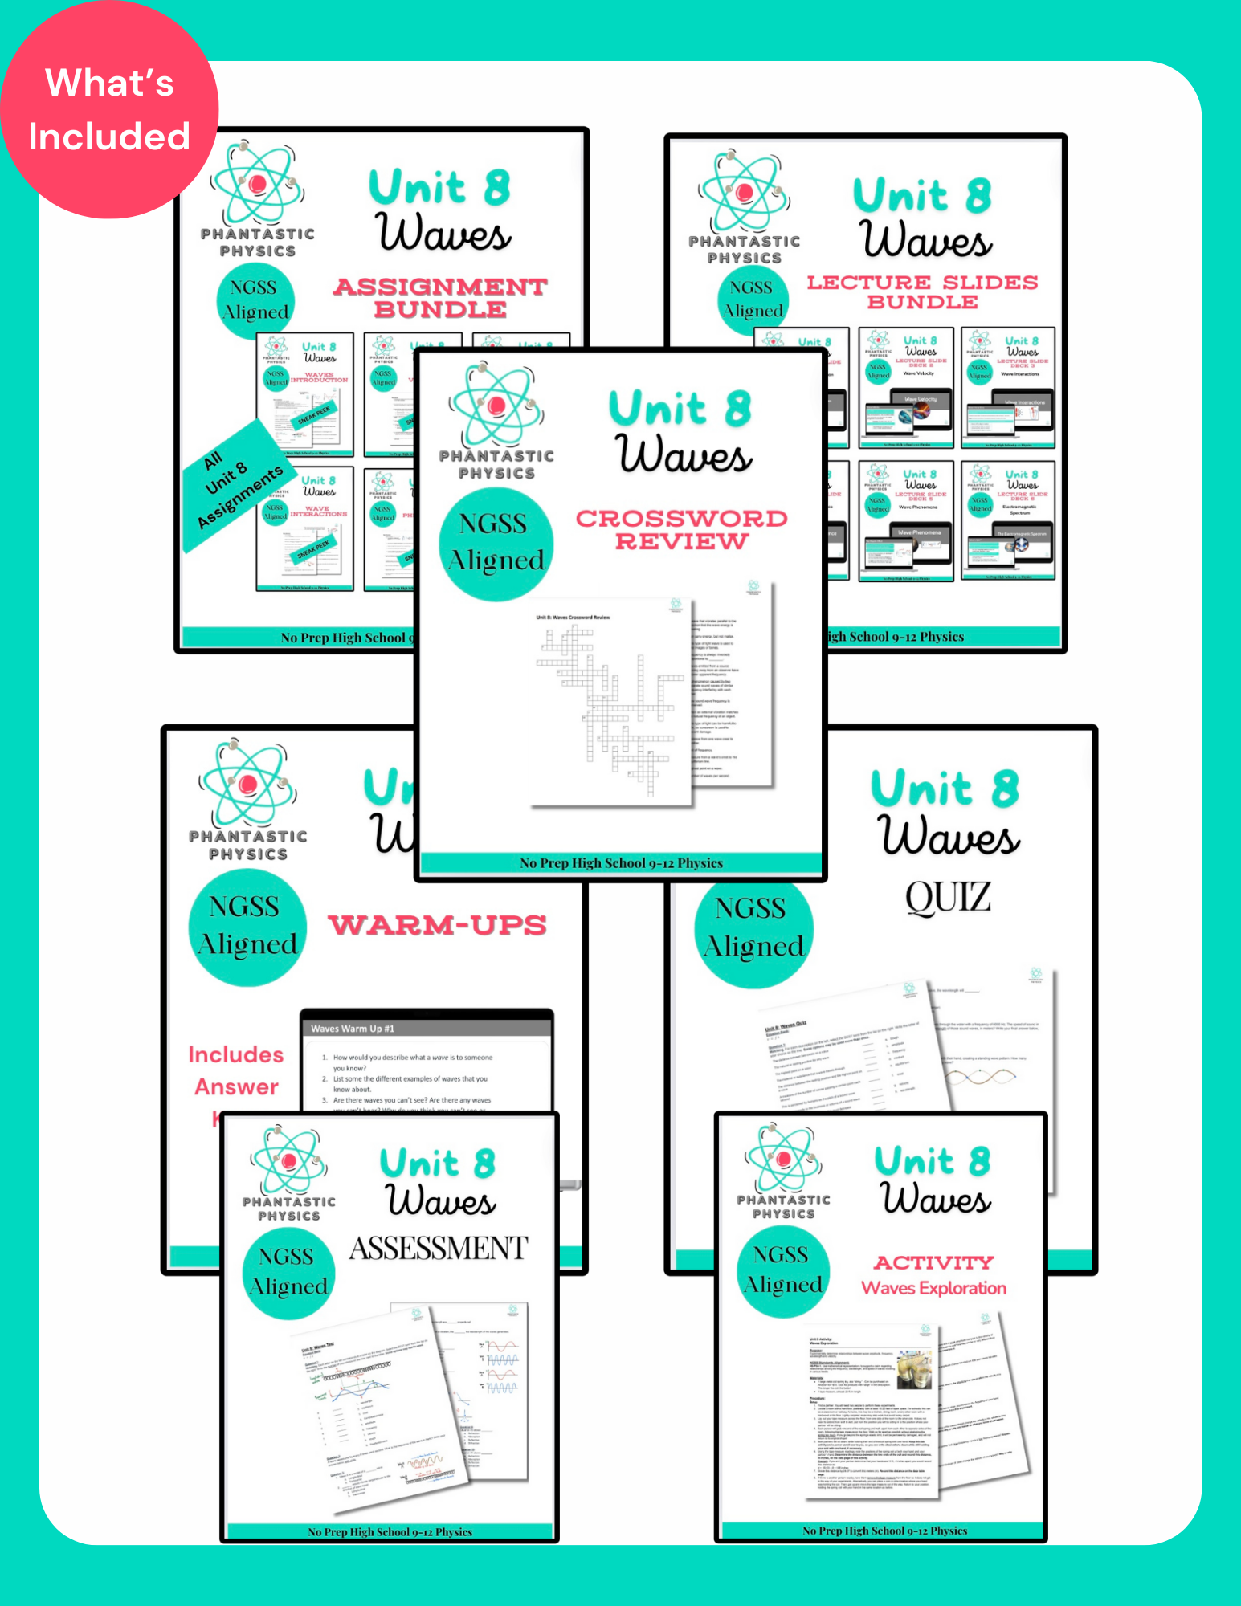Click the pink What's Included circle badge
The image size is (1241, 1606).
[x=108, y=110]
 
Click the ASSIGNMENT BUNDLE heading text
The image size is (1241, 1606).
[x=440, y=298]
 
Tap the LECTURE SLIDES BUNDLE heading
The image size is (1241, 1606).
[x=922, y=292]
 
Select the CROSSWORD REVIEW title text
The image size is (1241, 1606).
[x=681, y=530]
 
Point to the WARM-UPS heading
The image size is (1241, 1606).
[x=438, y=925]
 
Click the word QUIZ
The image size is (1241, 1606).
[x=948, y=897]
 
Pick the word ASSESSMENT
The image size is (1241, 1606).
[x=439, y=1248]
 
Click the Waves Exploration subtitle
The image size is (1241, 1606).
[x=933, y=1288]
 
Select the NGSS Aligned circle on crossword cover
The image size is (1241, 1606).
[x=496, y=543]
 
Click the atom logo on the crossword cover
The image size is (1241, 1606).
[x=496, y=406]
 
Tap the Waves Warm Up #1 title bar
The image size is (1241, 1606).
[x=426, y=1028]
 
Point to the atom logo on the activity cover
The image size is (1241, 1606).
[x=783, y=1158]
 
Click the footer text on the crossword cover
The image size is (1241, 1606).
[x=621, y=863]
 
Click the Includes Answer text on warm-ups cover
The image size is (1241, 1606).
[x=236, y=1070]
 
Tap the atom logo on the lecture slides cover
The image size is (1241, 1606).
[x=745, y=192]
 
